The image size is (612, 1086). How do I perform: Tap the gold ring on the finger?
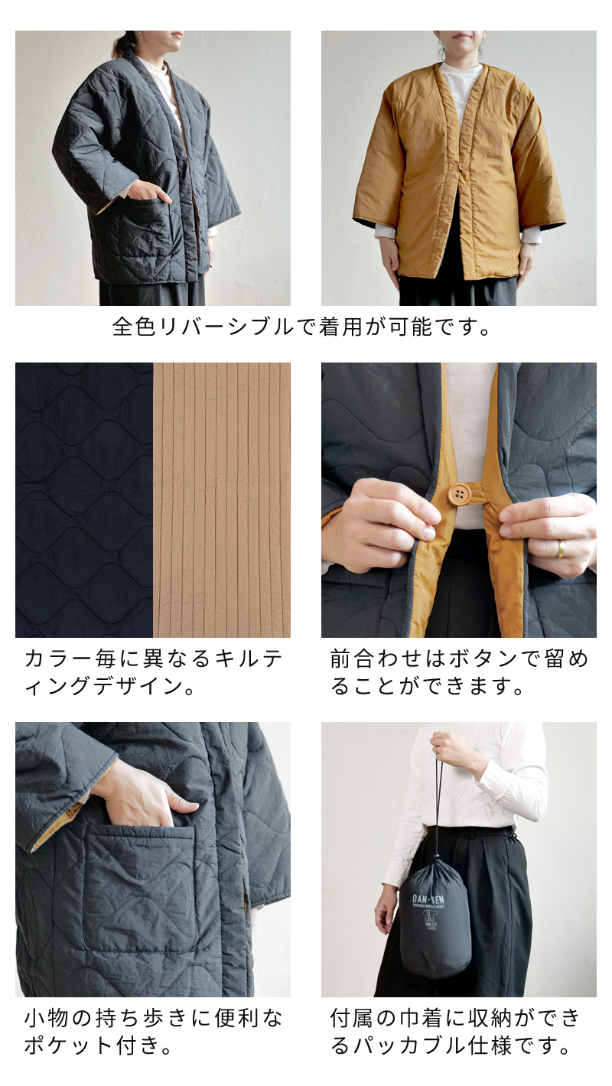coord(561,548)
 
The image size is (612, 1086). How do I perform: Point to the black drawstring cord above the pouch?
coord(439,811)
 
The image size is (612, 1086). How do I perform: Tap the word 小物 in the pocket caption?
coord(48,1018)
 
